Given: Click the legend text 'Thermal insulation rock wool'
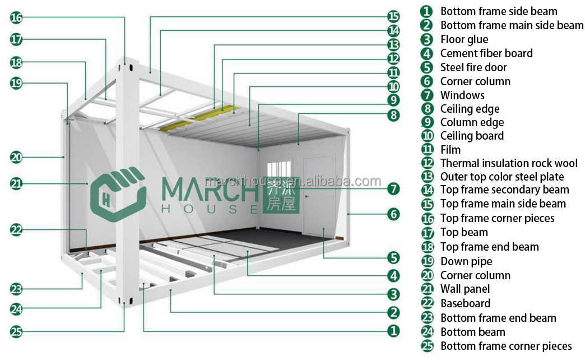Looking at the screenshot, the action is click(508, 163).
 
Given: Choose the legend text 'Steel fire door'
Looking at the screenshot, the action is click(473, 67).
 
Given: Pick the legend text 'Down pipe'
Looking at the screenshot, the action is click(466, 261).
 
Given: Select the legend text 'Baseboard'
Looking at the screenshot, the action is click(465, 303).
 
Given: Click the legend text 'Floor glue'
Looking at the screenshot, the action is click(464, 39).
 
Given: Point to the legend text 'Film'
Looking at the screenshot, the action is click(451, 150).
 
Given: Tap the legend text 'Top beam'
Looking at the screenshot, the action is click(464, 232).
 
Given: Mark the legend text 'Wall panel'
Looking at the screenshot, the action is click(465, 289).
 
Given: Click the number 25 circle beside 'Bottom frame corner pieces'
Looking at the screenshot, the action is click(428, 346).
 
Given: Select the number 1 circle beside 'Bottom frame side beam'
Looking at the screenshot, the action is click(428, 11).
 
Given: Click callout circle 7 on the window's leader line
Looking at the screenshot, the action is click(394, 188).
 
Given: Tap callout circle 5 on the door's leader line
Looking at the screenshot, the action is click(394, 257).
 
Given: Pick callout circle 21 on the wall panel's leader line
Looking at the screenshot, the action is click(16, 183).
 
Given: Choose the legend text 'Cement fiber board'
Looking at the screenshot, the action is click(486, 53).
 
